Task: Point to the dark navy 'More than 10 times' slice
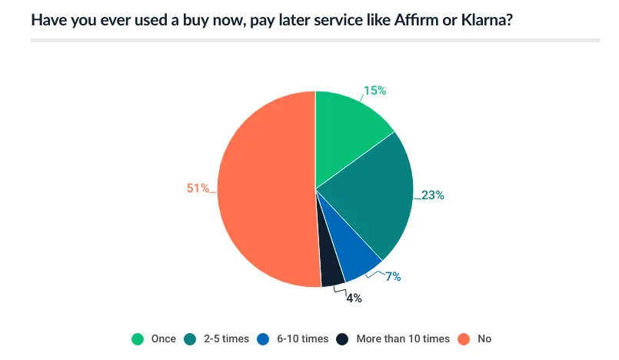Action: click(331, 274)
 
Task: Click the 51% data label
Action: click(198, 188)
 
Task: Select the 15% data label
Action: click(374, 91)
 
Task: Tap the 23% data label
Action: click(433, 195)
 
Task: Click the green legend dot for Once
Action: click(138, 338)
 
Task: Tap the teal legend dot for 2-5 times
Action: click(192, 338)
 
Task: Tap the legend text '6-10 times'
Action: click(302, 338)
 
